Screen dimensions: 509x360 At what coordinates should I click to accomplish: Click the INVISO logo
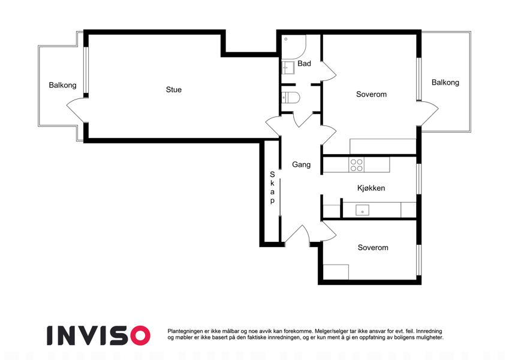point(98,335)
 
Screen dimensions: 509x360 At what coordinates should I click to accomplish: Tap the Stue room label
point(174,89)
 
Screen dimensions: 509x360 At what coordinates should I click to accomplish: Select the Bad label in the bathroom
point(304,64)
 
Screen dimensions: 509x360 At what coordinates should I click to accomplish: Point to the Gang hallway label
point(301,164)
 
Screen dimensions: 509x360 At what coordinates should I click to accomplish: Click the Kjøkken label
point(371,188)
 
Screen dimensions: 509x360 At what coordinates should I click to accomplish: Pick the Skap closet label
point(272,187)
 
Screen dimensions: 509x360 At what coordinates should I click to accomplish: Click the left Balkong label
point(63,85)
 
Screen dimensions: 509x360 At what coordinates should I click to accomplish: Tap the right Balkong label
point(445,82)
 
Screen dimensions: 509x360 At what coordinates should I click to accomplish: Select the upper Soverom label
point(371,94)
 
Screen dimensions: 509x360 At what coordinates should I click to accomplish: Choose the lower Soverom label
point(373,248)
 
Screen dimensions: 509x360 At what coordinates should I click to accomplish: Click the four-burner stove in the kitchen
point(357,165)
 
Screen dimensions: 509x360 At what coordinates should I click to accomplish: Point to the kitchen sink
point(362,210)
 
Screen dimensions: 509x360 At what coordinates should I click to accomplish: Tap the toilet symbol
point(291,97)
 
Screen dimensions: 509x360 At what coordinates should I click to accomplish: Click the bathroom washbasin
point(288,68)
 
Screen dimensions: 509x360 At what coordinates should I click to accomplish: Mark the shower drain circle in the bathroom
point(286,39)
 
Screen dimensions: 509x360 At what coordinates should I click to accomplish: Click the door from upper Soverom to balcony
point(428,113)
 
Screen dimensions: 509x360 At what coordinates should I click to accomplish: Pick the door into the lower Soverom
point(328,232)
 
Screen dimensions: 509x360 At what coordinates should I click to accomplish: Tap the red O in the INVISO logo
point(140,335)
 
